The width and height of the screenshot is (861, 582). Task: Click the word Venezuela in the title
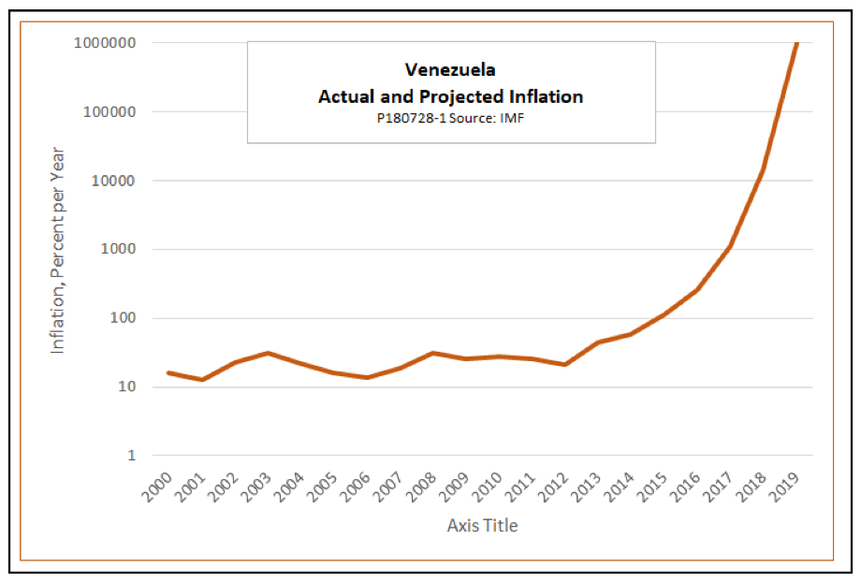[450, 69]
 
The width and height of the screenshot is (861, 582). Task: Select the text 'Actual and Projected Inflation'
[450, 96]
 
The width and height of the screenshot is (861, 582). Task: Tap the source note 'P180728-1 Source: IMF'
[450, 119]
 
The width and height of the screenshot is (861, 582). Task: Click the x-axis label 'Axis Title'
[481, 525]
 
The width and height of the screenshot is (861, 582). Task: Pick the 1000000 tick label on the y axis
[105, 43]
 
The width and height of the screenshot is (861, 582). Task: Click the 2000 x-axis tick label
[158, 488]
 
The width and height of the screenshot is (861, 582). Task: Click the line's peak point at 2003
[268, 353]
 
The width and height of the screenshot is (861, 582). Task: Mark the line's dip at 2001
[201, 379]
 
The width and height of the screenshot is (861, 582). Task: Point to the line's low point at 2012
[565, 364]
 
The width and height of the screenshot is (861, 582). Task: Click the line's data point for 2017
[730, 246]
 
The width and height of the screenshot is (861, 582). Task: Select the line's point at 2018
[764, 169]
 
